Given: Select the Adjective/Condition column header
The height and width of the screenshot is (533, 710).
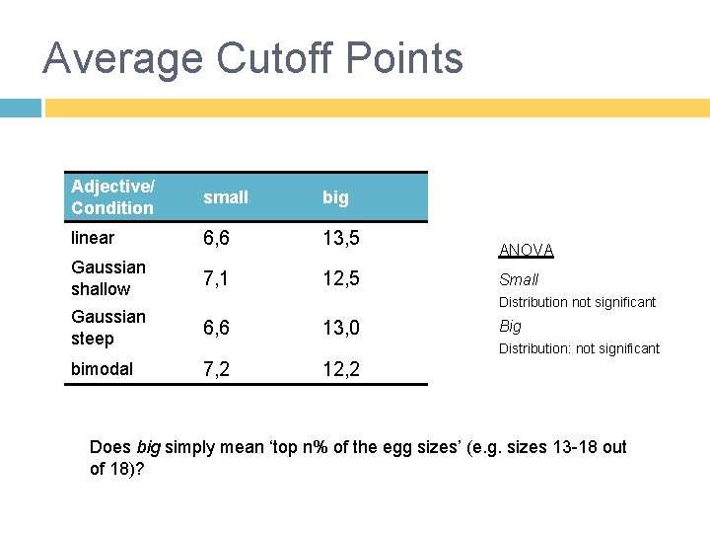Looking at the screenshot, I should coord(112,197).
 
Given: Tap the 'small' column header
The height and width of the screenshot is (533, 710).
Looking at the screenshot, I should coord(226,197).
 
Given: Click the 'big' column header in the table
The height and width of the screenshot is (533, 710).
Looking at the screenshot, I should coord(335,197).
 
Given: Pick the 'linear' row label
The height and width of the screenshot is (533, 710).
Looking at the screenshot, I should coord(93,238).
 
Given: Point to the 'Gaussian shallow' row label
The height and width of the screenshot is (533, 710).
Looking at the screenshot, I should coord(107,278).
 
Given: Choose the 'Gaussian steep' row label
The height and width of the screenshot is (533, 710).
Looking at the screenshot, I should coord(107,328).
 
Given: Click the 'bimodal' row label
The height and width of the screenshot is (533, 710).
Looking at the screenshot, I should coord(101,368).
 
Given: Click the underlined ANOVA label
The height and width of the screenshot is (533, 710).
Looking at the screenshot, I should coord(526,251).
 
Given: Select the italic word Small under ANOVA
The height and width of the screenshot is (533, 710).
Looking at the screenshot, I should coord(519,279).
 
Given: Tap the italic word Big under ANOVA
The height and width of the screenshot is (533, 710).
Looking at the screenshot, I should coord(510,326).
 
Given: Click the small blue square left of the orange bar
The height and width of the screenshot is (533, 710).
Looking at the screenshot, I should coord(20,107).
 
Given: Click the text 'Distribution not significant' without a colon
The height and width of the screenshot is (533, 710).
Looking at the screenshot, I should coord(577,302).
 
